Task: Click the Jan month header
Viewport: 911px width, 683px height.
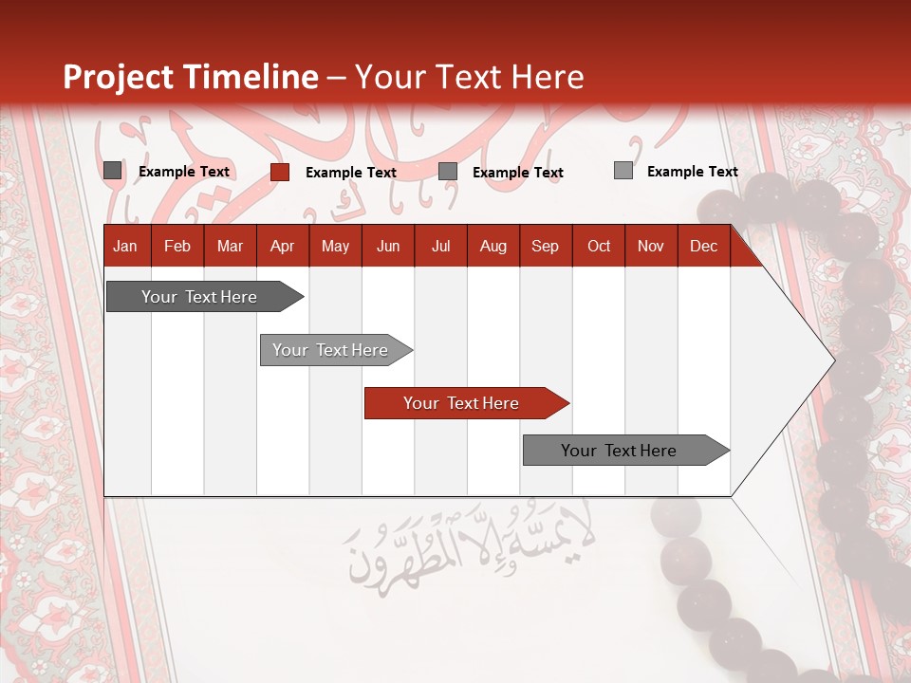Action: click(x=125, y=247)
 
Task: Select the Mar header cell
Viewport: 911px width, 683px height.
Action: click(x=230, y=247)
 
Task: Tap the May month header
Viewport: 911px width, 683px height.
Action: click(x=335, y=247)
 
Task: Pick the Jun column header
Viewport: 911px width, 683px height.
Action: click(x=388, y=247)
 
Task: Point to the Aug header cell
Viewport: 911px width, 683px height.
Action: click(x=493, y=247)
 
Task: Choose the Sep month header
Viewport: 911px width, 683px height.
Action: click(x=545, y=247)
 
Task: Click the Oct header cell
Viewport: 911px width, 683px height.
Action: click(x=599, y=247)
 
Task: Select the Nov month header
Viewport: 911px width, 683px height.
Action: click(x=651, y=247)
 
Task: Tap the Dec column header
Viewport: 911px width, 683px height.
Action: click(x=703, y=247)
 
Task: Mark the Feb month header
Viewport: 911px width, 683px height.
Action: click(x=177, y=247)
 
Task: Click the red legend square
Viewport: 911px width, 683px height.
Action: click(x=280, y=172)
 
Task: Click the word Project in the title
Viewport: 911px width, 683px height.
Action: click(x=119, y=78)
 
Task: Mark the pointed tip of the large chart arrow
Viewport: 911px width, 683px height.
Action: click(x=833, y=360)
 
